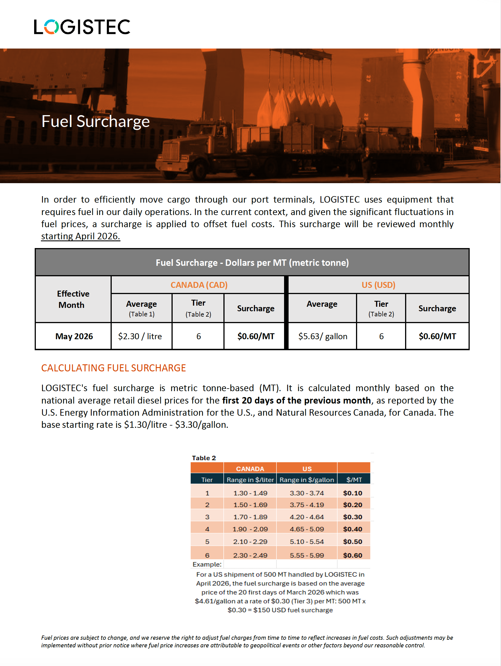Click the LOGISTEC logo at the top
coord(82,27)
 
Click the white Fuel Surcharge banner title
coord(95,121)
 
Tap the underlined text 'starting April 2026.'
coord(80,236)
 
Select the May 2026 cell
coord(74,336)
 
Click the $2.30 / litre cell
coord(140,336)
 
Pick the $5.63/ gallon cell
coord(322,336)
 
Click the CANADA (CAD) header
coord(199,285)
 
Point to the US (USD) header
coord(378,285)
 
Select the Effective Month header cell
coord(73,299)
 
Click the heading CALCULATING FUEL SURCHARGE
coord(113,368)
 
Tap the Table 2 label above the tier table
coord(204,458)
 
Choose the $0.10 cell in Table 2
coord(353,493)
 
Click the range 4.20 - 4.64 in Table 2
coord(307,517)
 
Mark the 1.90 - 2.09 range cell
coord(250,529)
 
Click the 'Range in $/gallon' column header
coord(307,480)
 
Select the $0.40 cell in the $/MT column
coord(353,529)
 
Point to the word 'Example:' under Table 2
coord(207,564)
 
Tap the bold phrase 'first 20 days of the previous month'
coord(296,400)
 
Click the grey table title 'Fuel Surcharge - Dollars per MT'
coord(252,263)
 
